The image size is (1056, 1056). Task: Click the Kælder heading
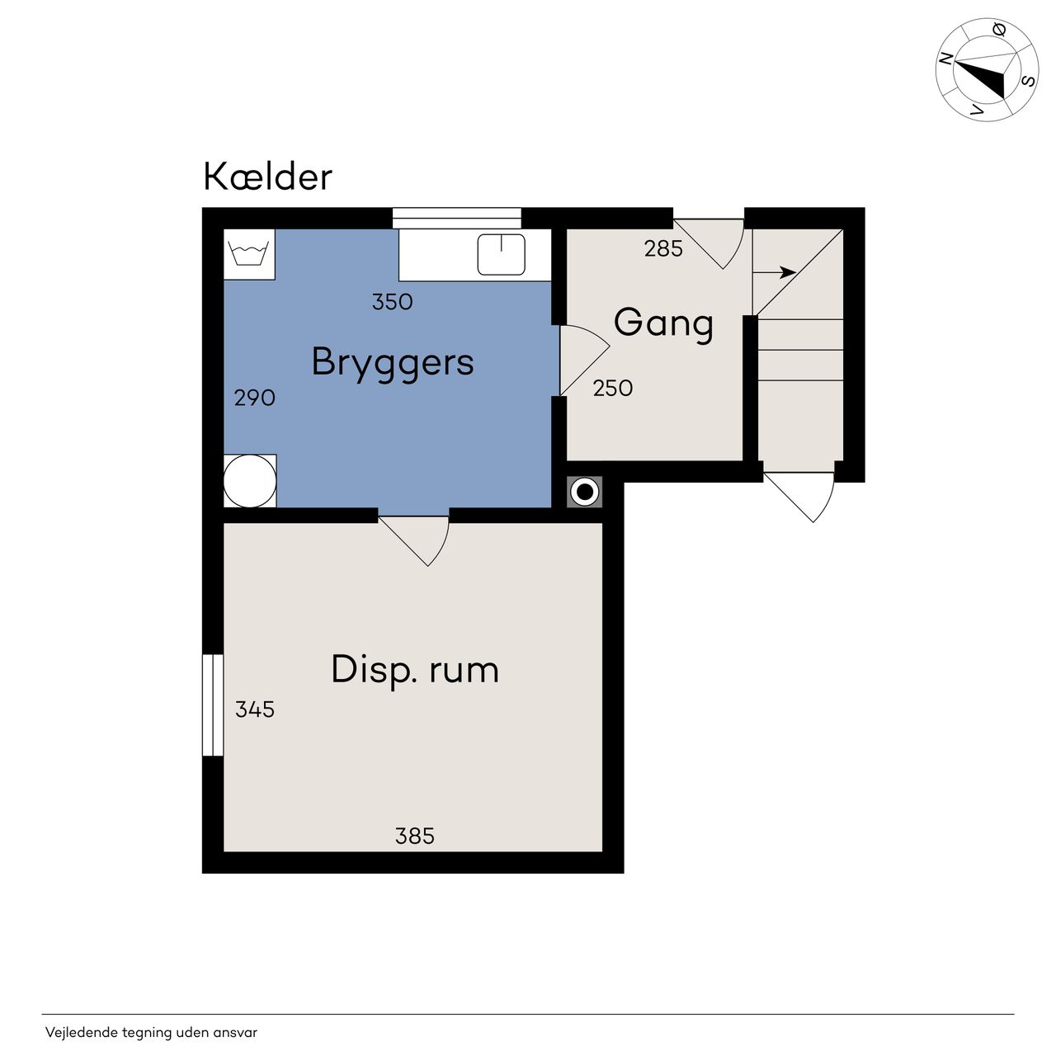[x=267, y=177]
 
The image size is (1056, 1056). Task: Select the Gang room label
[x=663, y=323]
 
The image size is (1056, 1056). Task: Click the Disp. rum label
[x=415, y=670]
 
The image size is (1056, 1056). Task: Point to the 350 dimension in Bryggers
[x=393, y=302]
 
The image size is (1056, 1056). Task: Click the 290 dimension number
[x=254, y=398]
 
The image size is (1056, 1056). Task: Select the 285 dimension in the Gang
[x=663, y=249]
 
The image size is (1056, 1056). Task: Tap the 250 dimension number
[x=613, y=389]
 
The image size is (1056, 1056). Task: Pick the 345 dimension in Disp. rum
[x=255, y=709]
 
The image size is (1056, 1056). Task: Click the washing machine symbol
[x=249, y=254]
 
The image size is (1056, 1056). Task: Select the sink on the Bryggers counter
[x=502, y=254]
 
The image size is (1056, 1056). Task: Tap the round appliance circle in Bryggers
[x=250, y=481]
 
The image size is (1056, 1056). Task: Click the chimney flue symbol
[x=585, y=492]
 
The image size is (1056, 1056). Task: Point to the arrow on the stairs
[x=775, y=271]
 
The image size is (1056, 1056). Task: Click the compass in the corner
[x=987, y=69]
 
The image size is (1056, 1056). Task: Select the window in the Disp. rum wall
[x=213, y=705]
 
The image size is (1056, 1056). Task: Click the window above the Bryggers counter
[x=457, y=218]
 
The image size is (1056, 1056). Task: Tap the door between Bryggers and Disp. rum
[x=414, y=540]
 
